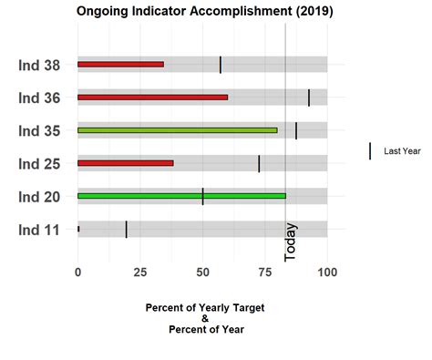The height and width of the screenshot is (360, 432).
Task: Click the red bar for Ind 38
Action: pyautogui.click(x=120, y=64)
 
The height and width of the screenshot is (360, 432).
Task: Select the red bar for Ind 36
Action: pyautogui.click(x=152, y=97)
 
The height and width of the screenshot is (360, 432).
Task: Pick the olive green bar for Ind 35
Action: pyautogui.click(x=177, y=130)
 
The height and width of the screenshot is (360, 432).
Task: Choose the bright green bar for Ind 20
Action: pyautogui.click(x=181, y=196)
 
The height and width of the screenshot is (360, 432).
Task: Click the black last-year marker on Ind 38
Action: pyautogui.click(x=221, y=64)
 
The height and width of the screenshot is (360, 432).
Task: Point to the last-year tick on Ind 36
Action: pyautogui.click(x=309, y=97)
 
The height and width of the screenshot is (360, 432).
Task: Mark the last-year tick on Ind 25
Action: pyautogui.click(x=259, y=163)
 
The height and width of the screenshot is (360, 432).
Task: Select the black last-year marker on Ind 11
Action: pyautogui.click(x=127, y=229)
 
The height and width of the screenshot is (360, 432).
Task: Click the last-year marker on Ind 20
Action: pyautogui.click(x=202, y=196)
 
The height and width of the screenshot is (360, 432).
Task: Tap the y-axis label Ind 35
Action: pyautogui.click(x=39, y=130)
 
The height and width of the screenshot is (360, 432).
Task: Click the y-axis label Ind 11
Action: pyautogui.click(x=39, y=230)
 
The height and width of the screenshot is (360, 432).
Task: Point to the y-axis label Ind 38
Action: pyautogui.click(x=39, y=65)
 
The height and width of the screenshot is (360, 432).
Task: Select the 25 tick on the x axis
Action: pyautogui.click(x=140, y=272)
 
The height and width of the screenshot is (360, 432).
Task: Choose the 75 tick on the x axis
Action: pyautogui.click(x=265, y=272)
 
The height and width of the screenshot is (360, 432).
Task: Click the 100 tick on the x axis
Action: pyautogui.click(x=327, y=272)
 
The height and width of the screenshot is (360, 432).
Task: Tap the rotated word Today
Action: pyautogui.click(x=291, y=242)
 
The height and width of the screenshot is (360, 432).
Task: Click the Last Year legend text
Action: pyautogui.click(x=402, y=151)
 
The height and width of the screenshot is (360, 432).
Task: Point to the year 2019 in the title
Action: pyautogui.click(x=312, y=12)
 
